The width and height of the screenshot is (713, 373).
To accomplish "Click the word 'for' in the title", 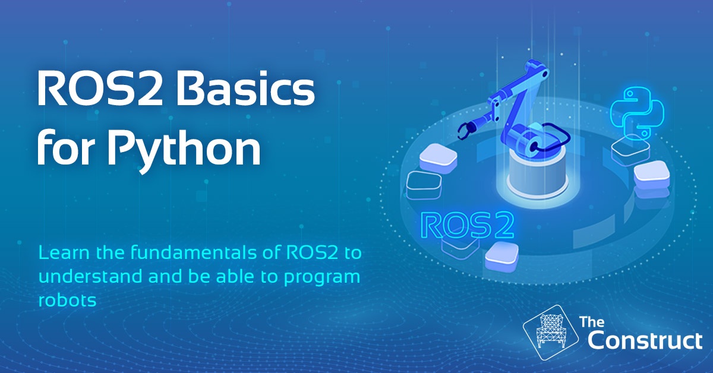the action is coord(66,148).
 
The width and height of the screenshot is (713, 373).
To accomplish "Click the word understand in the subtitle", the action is coord(90,276).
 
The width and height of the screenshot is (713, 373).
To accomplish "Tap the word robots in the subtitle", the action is coord(67,300).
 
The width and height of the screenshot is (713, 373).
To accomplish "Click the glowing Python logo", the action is coord(637,113).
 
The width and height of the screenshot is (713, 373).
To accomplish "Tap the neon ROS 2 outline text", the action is coord(467,225).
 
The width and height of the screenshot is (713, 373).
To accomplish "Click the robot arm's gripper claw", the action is coord(466,130).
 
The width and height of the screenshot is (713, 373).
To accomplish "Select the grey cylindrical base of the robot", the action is coord(537,173).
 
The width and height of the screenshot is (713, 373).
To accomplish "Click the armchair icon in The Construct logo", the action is coord(551,332).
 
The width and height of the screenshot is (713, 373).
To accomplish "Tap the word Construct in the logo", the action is coord(645,341).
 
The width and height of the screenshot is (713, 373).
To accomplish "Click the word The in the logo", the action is coord(592,322).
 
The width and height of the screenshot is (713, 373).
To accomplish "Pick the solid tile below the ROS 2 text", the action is coord(501,257).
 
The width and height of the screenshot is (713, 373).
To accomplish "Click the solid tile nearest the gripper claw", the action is coord(438,158).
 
